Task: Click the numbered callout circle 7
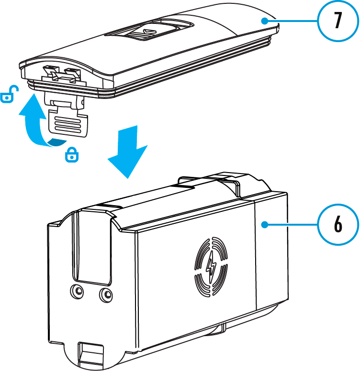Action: click(x=338, y=21)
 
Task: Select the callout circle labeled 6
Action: click(x=338, y=224)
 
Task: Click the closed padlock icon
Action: click(x=71, y=154)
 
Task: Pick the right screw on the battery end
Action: click(x=105, y=295)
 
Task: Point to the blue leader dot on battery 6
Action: click(x=264, y=224)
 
